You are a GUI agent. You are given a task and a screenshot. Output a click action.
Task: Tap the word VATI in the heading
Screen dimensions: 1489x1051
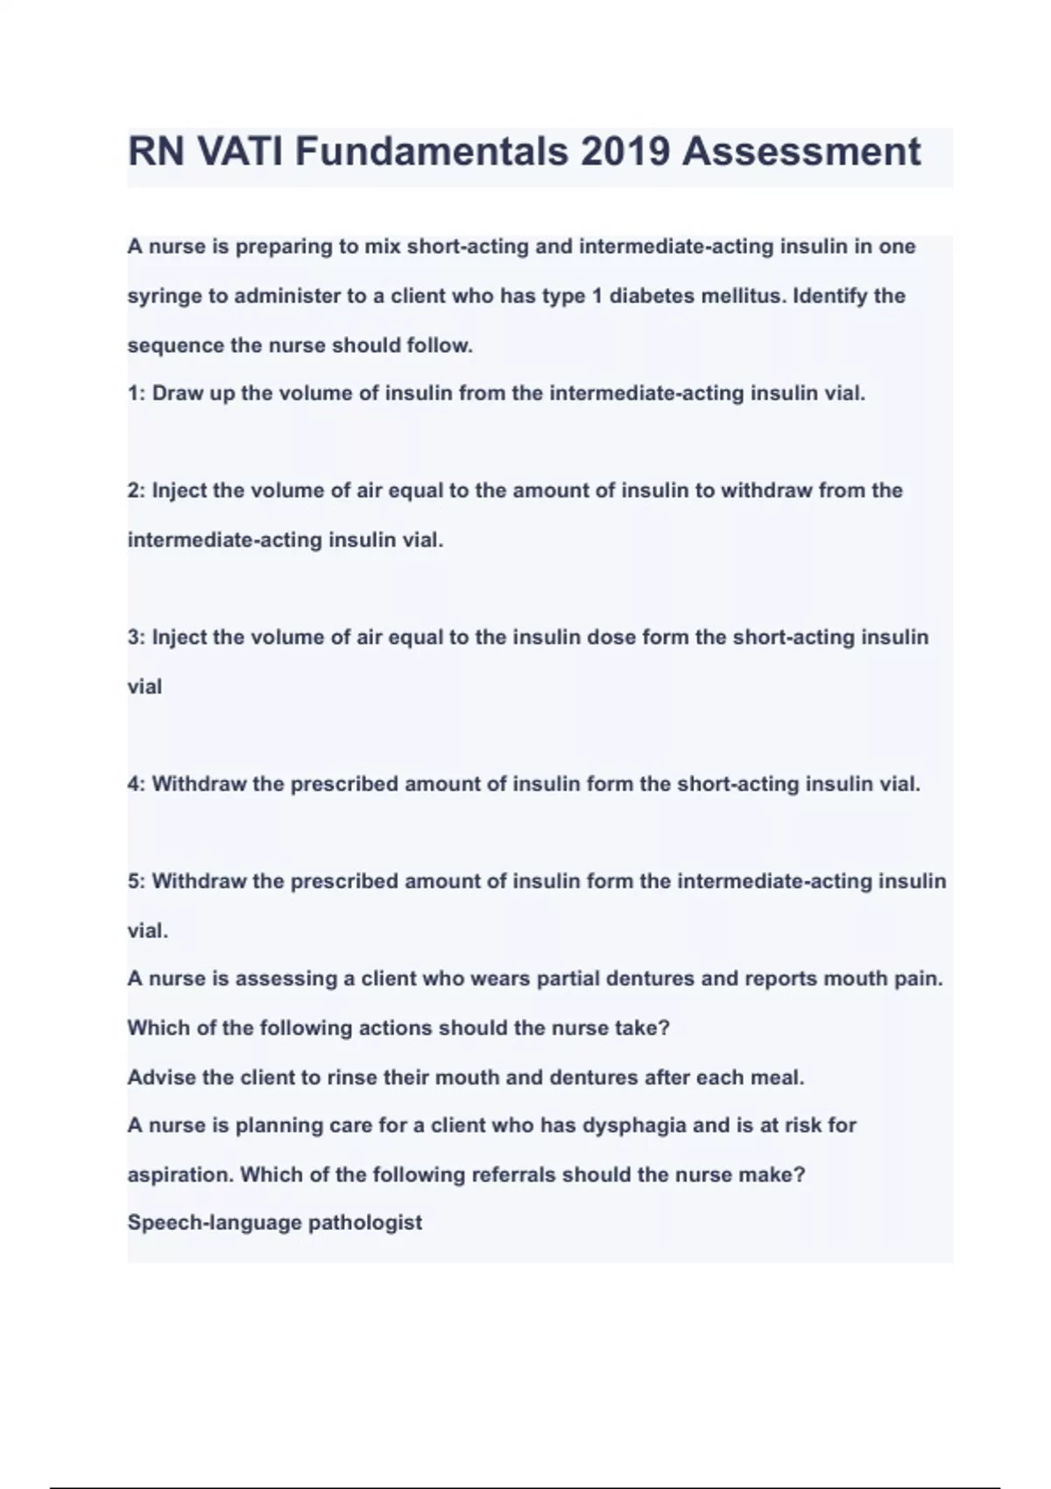point(239,152)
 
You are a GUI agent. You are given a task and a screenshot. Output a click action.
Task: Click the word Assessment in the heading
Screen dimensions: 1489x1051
point(801,152)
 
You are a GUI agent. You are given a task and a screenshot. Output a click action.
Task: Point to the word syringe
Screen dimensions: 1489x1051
point(164,297)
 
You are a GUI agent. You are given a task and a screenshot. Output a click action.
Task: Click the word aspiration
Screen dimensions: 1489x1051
point(180,1175)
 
